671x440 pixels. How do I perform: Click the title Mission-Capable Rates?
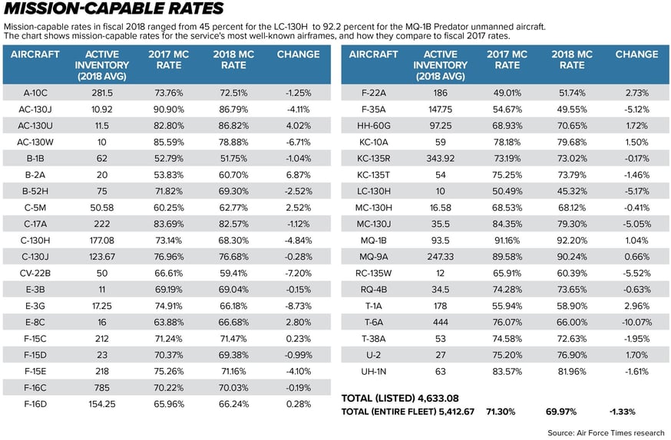pos(114,10)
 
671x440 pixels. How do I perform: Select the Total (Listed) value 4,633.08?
pos(441,398)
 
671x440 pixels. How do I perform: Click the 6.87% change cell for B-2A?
pos(298,176)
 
